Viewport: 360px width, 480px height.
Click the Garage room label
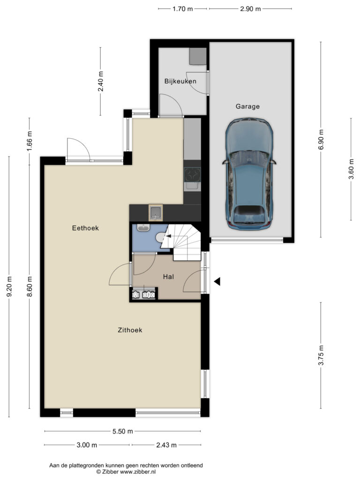247,106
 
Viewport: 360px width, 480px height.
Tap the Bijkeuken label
180,81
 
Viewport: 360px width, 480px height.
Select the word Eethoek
85,228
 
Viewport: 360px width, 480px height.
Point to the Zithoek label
130,330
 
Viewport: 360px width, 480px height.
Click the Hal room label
168,277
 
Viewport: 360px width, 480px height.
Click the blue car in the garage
249,174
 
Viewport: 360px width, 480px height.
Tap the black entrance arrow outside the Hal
217,281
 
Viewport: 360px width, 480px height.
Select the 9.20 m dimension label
9,286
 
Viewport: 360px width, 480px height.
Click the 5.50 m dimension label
123,431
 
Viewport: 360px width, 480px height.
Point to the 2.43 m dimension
166,445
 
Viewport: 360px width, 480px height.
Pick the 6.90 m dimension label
321,140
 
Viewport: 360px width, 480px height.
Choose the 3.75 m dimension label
321,355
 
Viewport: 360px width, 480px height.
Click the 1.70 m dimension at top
183,9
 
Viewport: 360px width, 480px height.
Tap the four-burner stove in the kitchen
192,175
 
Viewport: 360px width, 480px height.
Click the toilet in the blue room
160,237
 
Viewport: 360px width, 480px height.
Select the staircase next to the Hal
183,242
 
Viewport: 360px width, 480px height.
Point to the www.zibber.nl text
138,472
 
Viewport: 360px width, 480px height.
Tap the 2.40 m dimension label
100,81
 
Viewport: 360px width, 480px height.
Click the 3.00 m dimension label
87,445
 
